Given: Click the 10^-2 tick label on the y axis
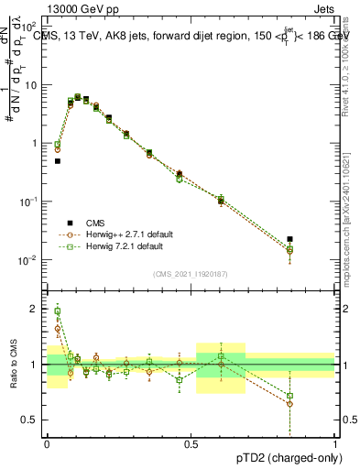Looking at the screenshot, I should pos(29,260).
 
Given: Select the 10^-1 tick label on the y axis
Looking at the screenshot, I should pos(29,202).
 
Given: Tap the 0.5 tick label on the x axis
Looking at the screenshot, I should pos(191,444).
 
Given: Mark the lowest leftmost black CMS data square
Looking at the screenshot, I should pos(57,161).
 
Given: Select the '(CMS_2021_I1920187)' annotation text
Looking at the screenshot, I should pos(191,273).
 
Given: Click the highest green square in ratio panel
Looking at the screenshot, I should pos(57,311).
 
